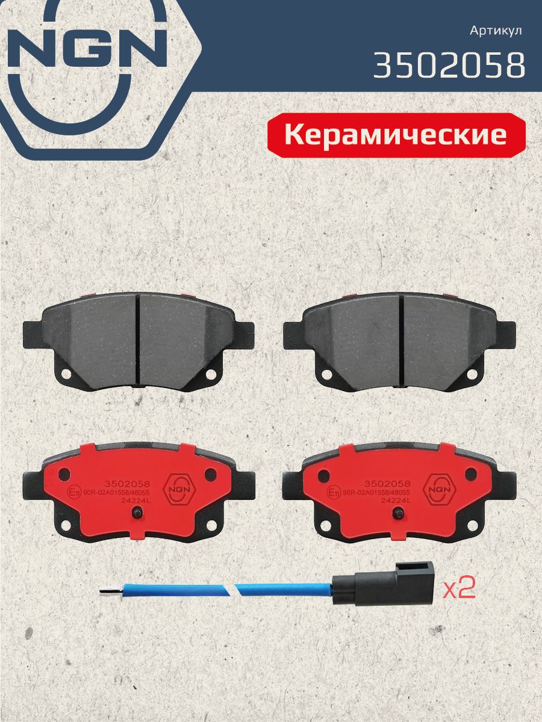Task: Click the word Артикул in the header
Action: coord(496,31)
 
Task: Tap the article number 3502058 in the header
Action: coord(449,65)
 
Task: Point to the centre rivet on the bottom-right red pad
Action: coord(398,512)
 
